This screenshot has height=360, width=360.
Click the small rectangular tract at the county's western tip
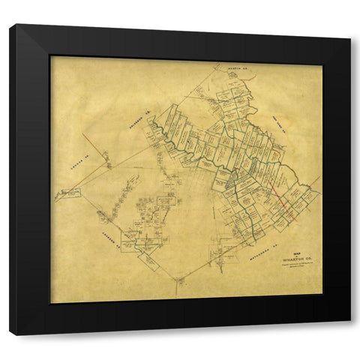click(70, 193)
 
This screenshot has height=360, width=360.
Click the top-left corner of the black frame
click(11, 26)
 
